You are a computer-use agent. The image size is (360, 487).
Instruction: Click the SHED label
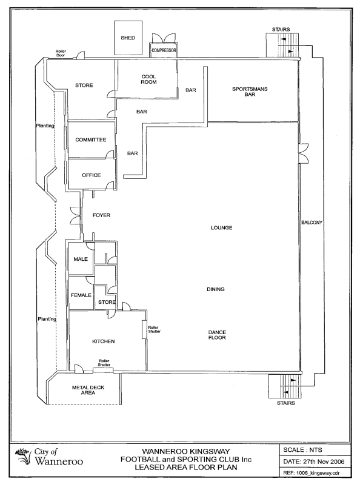pyautogui.click(x=128, y=38)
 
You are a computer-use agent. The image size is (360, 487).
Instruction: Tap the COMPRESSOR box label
pyautogui.click(x=164, y=50)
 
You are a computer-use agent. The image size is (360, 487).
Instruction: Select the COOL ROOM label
pyautogui.click(x=148, y=79)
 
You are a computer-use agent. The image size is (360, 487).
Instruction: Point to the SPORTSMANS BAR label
pyautogui.click(x=250, y=92)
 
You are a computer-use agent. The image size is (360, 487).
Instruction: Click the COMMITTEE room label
pyautogui.click(x=91, y=139)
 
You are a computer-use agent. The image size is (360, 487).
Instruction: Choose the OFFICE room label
pyautogui.click(x=92, y=175)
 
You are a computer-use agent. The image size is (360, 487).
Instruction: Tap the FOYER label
pyautogui.click(x=101, y=215)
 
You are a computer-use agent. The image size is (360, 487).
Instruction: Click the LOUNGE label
pyautogui.click(x=222, y=227)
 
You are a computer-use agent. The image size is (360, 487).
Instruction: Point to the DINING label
pyautogui.click(x=216, y=289)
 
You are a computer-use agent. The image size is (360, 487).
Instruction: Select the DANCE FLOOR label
pyautogui.click(x=217, y=335)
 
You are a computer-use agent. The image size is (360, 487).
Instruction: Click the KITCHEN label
pyautogui.click(x=104, y=341)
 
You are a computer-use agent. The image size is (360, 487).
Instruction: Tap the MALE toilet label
pyautogui.click(x=81, y=259)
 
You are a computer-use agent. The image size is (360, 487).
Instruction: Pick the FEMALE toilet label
pyautogui.click(x=81, y=295)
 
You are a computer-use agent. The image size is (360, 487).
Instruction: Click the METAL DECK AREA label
pyautogui.click(x=88, y=390)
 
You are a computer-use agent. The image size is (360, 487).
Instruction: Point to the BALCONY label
pyautogui.click(x=312, y=223)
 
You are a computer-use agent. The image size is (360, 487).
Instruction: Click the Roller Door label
pyautogui.click(x=61, y=53)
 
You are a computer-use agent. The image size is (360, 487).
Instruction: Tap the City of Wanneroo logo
pyautogui.click(x=49, y=457)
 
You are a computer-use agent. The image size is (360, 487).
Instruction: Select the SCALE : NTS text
pyautogui.click(x=302, y=450)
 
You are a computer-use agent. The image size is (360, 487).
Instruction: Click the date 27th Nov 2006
pyautogui.click(x=324, y=462)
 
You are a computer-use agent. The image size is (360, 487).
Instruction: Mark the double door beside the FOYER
pyautogui.click(x=76, y=215)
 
